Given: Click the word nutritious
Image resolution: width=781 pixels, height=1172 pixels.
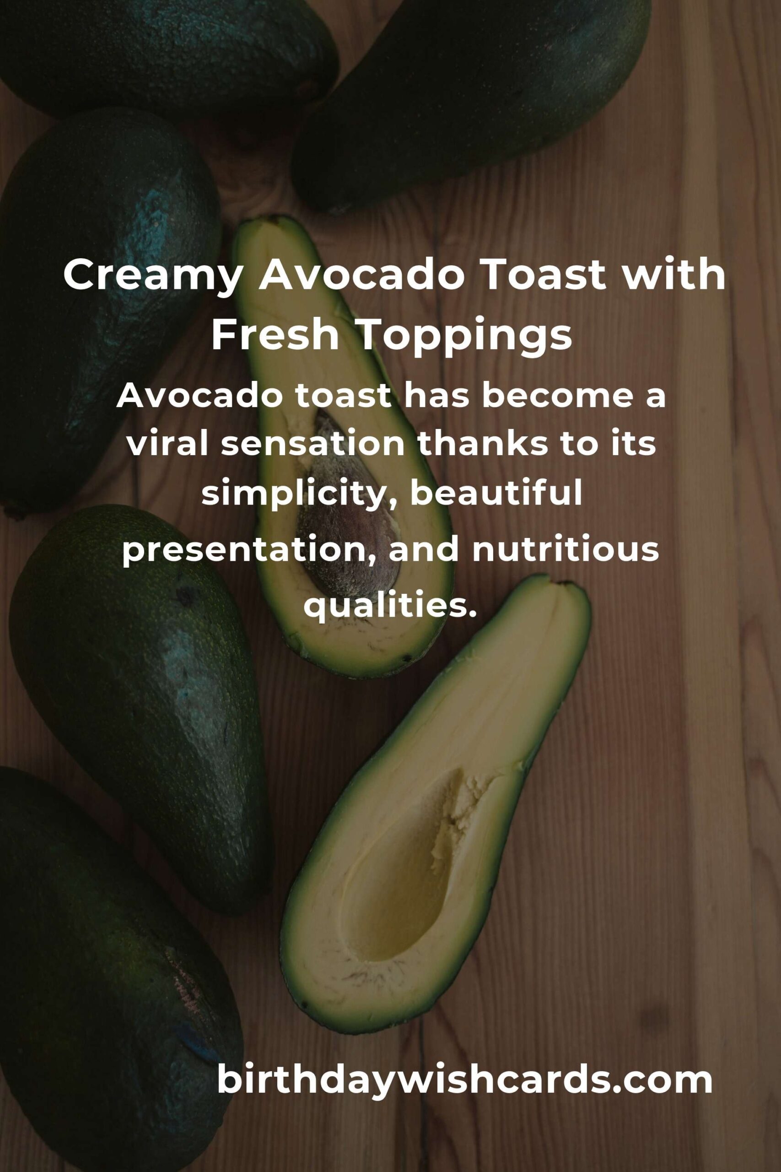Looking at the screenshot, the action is [566, 548].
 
